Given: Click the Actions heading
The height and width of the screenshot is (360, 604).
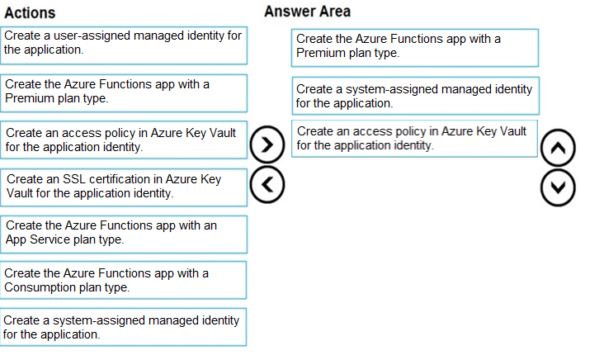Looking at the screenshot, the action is point(30,13).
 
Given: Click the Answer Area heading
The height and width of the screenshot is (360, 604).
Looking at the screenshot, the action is point(308,12).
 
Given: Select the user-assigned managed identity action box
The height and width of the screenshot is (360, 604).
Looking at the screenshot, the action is point(124,45).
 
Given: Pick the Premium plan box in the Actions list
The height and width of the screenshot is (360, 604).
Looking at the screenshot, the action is point(124,93).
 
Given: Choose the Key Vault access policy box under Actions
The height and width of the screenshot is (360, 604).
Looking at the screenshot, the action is point(124,140).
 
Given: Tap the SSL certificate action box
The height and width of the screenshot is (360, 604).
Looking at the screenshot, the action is point(124,187).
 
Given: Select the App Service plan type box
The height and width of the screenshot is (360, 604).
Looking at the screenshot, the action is point(124,234).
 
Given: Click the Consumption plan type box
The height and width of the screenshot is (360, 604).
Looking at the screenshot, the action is point(123,280).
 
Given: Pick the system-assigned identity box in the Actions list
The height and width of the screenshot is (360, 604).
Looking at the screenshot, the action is point(123,327).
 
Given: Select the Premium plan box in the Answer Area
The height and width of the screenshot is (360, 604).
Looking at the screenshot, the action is point(415,48).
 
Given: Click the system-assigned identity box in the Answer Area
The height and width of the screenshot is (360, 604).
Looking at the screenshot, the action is point(416,96).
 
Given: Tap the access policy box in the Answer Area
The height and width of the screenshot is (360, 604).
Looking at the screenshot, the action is point(414,139).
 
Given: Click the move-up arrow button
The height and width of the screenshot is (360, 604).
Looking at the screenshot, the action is point(558,148).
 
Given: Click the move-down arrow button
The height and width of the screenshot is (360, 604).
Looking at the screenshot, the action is point(558,188).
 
